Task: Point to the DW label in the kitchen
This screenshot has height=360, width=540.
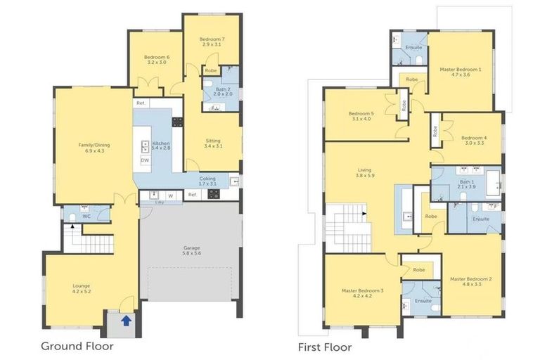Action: (145, 160)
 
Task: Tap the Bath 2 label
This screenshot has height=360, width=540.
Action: (223, 90)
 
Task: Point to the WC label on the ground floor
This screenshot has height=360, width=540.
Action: (86, 216)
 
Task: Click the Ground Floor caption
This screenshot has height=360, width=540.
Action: (77, 346)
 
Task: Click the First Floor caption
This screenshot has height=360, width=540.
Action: (324, 347)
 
